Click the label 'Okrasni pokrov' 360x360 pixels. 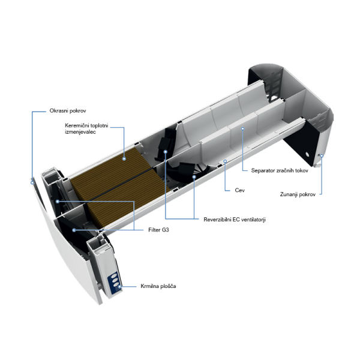[x=68, y=111]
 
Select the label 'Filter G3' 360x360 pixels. [x=158, y=230]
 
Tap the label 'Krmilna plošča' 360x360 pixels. [x=158, y=286]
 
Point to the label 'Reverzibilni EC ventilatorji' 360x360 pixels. [x=235, y=220]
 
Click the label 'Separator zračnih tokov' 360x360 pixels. [x=280, y=170]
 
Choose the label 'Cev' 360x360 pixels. [x=239, y=190]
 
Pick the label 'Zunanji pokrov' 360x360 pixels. [x=298, y=194]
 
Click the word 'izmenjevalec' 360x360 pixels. [x=80, y=132]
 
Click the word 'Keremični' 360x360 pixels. [x=77, y=125]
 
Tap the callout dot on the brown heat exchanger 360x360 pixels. [x=124, y=158]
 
